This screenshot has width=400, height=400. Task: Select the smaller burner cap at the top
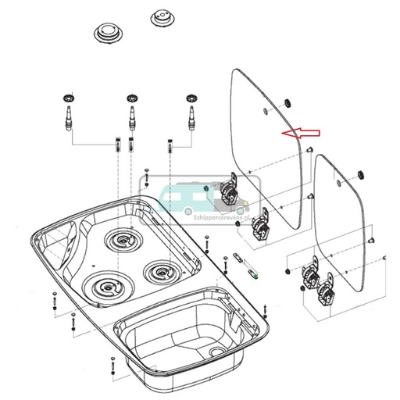pos(161,17)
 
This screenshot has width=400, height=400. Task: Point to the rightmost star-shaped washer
pos(190,98)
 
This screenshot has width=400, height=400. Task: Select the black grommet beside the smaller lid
pos(360,171)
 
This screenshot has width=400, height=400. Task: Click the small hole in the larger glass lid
pos(267,112)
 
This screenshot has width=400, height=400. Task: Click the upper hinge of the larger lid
pos(230,187)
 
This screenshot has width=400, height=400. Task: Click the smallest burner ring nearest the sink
pos(161,273)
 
